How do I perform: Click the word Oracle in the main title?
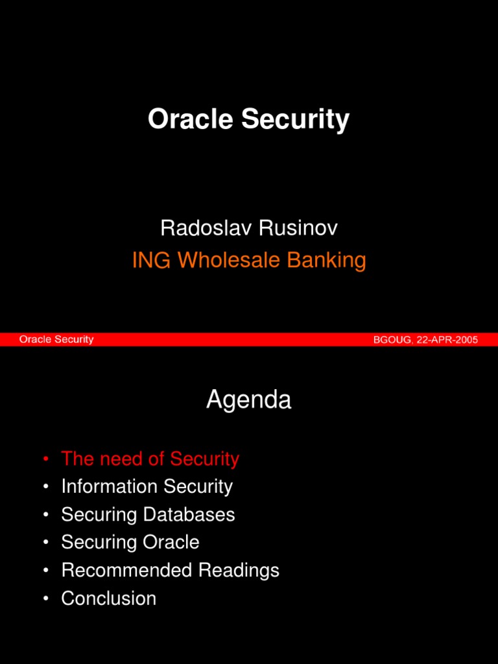[191, 119]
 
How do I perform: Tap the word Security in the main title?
[295, 121]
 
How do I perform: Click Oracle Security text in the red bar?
[56, 339]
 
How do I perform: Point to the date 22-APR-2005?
[447, 339]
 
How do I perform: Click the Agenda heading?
[249, 401]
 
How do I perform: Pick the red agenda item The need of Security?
[150, 459]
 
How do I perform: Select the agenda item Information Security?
[147, 486]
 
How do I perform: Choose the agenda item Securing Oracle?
[130, 542]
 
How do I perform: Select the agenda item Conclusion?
[108, 599]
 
